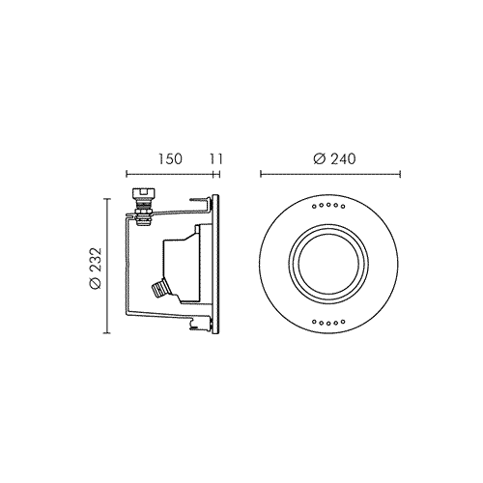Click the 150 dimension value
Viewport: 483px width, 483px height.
[x=170, y=158]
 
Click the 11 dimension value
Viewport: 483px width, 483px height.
[x=216, y=158]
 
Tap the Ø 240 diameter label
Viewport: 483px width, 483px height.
[x=334, y=158]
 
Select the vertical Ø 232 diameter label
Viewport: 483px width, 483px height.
[x=96, y=269]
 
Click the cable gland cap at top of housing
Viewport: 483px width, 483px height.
[x=144, y=194]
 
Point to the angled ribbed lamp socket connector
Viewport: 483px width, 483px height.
[x=160, y=289]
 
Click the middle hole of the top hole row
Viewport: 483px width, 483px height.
[x=328, y=205]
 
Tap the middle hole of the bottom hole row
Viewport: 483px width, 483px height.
[x=328, y=323]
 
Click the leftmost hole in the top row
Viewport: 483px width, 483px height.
[x=314, y=207]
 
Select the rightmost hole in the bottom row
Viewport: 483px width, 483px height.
[x=343, y=321]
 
